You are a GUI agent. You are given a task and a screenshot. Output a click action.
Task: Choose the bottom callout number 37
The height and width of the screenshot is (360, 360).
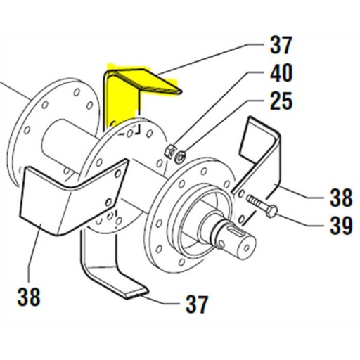click(x=197, y=304)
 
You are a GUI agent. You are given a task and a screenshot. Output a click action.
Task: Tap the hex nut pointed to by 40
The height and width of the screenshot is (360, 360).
click(x=169, y=150)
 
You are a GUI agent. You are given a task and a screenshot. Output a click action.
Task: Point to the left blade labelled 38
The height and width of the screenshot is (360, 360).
click(x=63, y=200)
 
